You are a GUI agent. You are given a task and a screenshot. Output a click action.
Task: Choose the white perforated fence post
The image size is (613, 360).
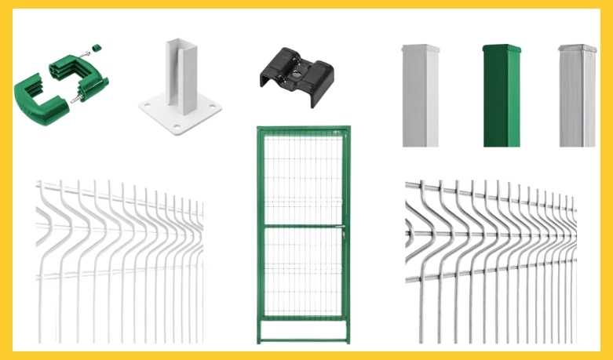421,96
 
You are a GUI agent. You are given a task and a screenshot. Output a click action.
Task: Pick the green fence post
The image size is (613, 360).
500,96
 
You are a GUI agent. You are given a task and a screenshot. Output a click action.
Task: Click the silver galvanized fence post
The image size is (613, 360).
577,96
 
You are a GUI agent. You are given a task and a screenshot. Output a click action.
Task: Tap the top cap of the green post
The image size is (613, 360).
500,49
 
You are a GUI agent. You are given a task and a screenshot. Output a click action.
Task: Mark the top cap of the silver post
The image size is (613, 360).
577,49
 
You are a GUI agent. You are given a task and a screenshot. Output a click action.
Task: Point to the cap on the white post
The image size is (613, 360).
421,49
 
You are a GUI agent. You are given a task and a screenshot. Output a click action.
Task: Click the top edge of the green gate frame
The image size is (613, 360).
303,129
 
